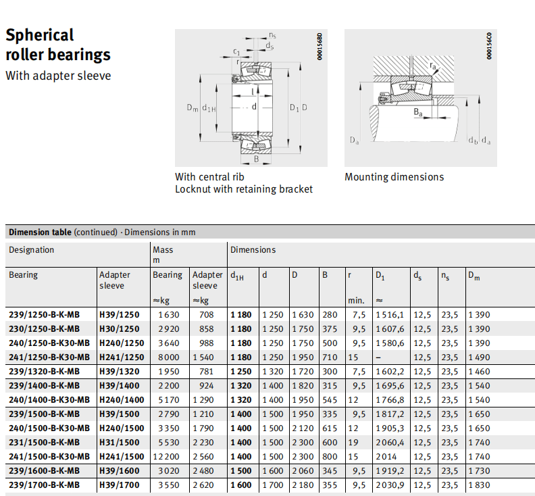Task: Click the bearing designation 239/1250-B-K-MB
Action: [44, 314]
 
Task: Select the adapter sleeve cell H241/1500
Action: [122, 456]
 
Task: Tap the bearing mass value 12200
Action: [168, 456]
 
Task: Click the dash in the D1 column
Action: [378, 357]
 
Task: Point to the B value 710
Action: [329, 357]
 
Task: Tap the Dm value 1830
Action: [480, 485]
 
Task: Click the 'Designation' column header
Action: [31, 250]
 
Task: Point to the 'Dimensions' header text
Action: [253, 250]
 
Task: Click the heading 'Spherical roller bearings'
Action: [57, 45]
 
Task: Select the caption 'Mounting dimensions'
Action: [394, 177]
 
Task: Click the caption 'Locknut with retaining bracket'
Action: [244, 189]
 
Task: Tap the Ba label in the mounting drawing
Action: [418, 112]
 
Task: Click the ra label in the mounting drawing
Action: [433, 65]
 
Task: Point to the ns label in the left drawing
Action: [272, 35]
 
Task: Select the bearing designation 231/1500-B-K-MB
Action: [44, 442]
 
